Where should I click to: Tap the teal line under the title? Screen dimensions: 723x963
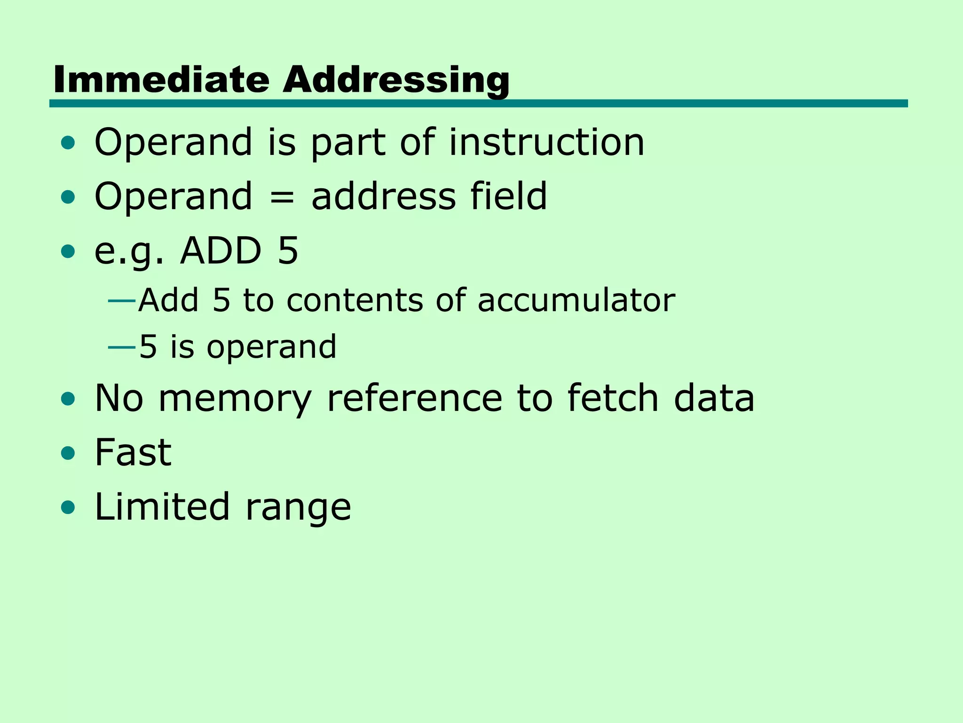pos(478,104)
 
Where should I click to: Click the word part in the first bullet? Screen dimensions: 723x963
pos(348,143)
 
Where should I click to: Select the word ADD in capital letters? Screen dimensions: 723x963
pos(221,250)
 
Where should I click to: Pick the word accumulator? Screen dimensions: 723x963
pos(576,300)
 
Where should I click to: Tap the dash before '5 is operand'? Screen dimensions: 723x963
pos(122,347)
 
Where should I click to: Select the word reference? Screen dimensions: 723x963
pos(414,398)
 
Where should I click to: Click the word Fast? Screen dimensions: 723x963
pos(133,452)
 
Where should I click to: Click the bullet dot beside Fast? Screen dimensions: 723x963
pos(68,453)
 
